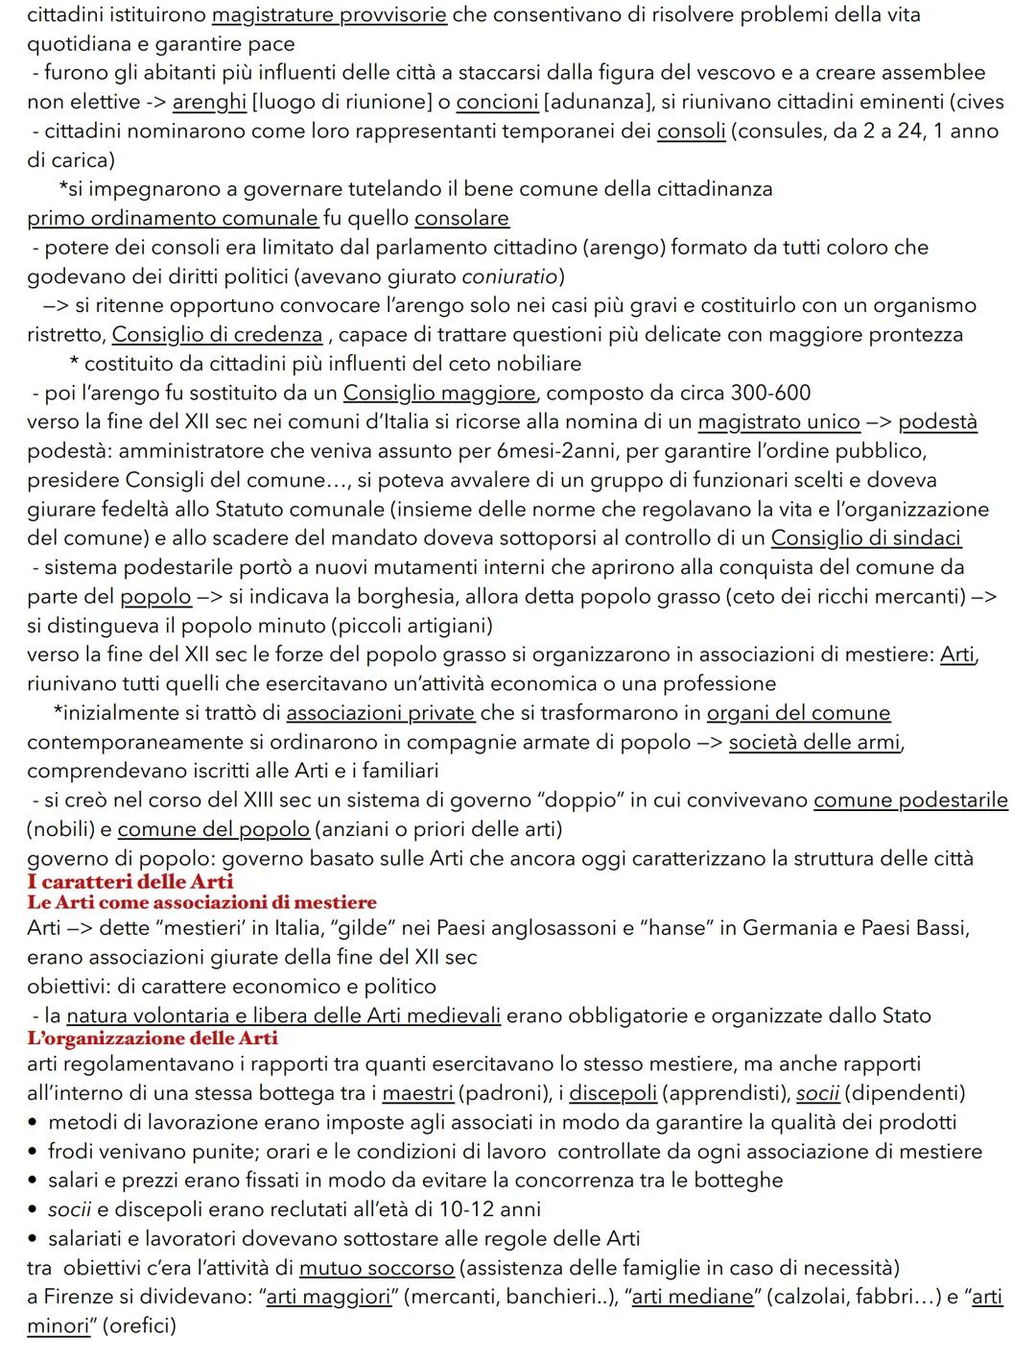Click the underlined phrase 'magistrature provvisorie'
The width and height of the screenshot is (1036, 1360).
[x=328, y=15]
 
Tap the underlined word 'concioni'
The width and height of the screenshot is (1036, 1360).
[x=497, y=102]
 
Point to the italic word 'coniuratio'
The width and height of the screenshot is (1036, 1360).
[x=509, y=277]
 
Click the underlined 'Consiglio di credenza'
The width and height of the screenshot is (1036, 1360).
[x=217, y=335]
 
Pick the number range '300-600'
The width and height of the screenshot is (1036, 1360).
[x=770, y=394]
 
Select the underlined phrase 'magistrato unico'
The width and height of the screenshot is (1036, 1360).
[x=779, y=422]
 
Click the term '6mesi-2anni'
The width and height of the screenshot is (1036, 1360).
[x=553, y=451]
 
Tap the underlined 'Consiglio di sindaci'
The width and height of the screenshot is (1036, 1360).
[x=865, y=538]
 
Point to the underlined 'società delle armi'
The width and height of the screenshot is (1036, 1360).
[x=814, y=742]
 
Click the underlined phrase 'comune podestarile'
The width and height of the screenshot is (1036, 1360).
[x=910, y=800]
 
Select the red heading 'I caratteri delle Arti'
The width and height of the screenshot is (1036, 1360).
[x=130, y=881]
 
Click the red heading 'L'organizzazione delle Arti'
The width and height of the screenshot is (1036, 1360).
[x=153, y=1038]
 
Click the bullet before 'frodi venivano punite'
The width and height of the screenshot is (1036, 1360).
[x=34, y=1152]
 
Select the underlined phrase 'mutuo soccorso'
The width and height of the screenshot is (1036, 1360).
[x=376, y=1268]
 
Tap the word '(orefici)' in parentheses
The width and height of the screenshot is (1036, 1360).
[x=139, y=1326]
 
